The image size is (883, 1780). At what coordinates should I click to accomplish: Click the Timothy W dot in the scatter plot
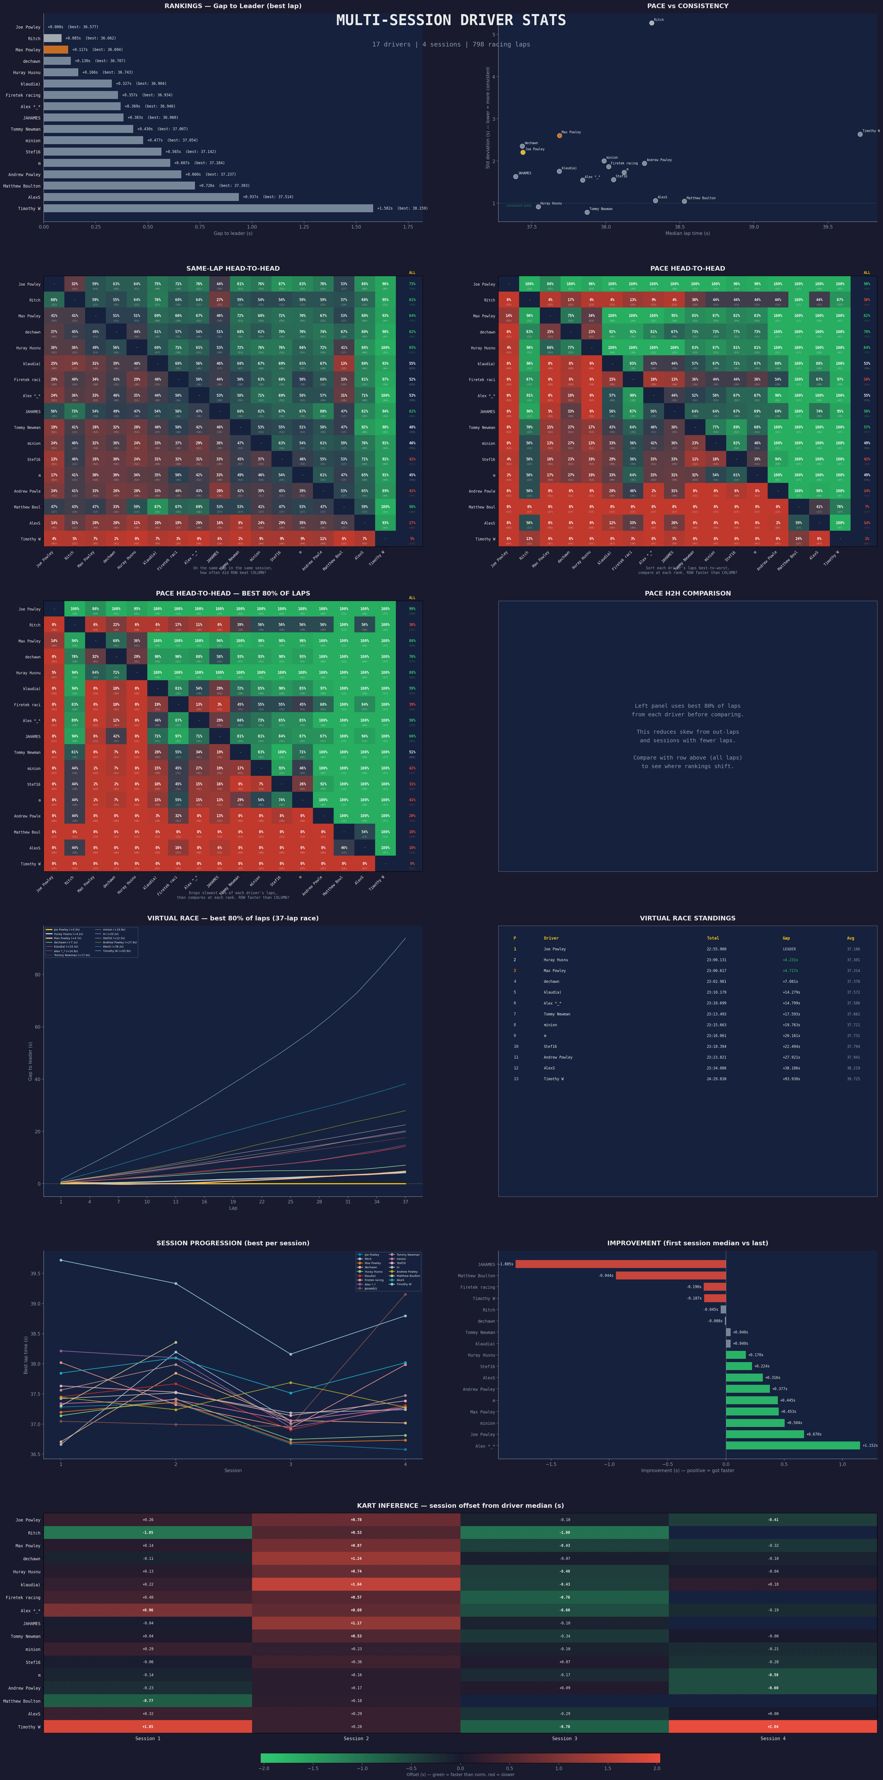pos(860,134)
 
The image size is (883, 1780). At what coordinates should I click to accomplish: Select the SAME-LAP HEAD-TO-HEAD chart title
pos(233,268)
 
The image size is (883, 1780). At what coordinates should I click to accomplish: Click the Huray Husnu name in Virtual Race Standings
pos(555,960)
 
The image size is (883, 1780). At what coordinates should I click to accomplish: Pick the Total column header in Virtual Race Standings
pos(712,938)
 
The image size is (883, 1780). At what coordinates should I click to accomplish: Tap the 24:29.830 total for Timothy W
pos(716,1079)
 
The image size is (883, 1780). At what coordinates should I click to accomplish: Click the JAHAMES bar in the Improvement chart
pos(620,1264)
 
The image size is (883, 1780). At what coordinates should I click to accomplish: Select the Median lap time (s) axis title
pos(687,233)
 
